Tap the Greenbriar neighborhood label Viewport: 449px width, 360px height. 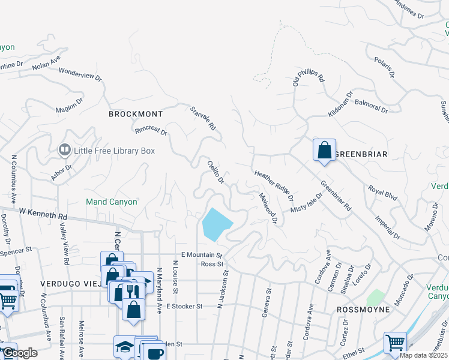[360, 154]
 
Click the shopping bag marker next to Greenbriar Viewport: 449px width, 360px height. [324, 150]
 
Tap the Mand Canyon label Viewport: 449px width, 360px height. [111, 202]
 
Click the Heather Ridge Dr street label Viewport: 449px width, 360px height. [274, 185]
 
